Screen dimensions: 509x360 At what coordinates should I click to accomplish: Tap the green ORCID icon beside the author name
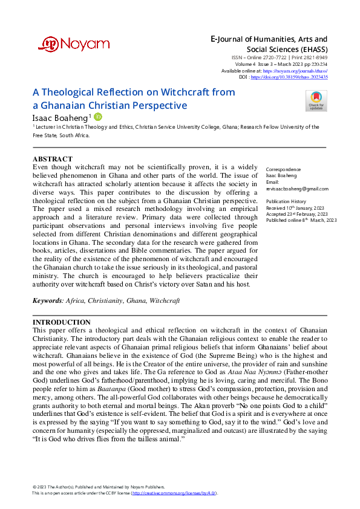click(x=98, y=116)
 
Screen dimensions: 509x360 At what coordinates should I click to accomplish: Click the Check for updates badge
click(x=316, y=100)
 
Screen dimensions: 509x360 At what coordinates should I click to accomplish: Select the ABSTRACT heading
click(x=52, y=160)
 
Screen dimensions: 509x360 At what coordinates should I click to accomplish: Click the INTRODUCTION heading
click(x=61, y=322)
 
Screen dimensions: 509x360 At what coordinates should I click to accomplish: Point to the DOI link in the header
click(x=297, y=77)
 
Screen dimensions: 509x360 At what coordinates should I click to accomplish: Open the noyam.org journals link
click(x=300, y=71)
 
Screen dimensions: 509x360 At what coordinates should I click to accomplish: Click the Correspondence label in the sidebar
click(x=284, y=169)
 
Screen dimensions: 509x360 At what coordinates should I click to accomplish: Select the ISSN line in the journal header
click(x=282, y=58)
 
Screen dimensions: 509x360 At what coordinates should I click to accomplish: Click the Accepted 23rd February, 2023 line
click(x=297, y=213)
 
